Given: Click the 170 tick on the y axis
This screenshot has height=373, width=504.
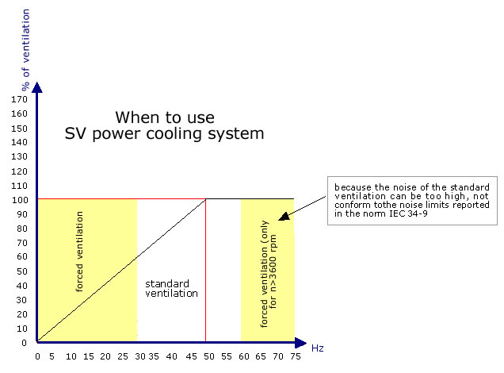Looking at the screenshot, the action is click(19, 99).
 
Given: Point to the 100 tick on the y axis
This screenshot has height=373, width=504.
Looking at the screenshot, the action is click(20, 200).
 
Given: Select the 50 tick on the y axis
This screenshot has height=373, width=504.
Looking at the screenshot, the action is click(22, 271).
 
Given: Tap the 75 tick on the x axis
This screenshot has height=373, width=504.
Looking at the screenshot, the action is click(296, 356).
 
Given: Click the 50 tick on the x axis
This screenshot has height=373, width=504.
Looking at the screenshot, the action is click(209, 356).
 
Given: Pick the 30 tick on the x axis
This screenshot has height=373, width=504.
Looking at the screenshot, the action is click(140, 356).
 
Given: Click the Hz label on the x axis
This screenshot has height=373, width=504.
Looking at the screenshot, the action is click(318, 348).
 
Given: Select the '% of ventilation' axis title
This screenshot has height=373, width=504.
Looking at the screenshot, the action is click(25, 49).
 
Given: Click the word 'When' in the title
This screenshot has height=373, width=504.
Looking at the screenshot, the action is click(139, 117).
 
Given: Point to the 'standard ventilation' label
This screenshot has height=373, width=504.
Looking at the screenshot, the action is click(171, 288).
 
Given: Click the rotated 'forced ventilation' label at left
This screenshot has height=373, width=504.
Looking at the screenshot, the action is click(79, 252).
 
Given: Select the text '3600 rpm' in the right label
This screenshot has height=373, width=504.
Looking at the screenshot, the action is click(273, 257).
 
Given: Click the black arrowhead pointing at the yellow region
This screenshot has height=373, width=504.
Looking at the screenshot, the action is click(284, 217).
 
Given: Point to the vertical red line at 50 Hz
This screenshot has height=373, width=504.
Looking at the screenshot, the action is click(206, 271).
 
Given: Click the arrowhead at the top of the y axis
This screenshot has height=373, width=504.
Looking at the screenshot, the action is click(37, 87).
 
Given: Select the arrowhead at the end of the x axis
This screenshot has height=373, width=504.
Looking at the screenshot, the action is click(301, 343).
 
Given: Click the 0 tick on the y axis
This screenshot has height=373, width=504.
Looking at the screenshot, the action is click(24, 343).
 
